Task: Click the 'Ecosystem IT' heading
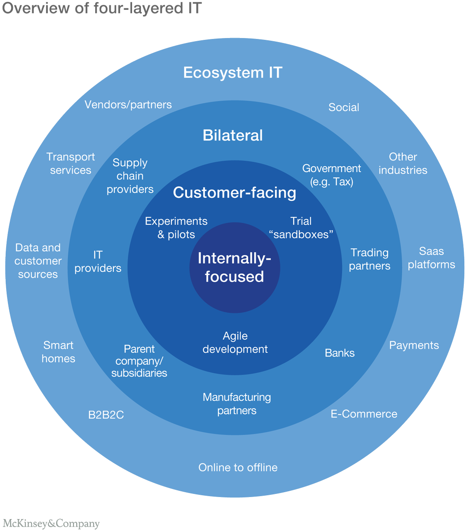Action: pos(233,73)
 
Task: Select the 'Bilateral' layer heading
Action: pos(233,135)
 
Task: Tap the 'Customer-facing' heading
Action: pos(234,193)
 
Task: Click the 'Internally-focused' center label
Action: pos(234,267)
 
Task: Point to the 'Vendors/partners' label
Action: pos(128,105)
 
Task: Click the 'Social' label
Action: pos(344,107)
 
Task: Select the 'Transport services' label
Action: pos(70,164)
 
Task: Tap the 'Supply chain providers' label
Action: pos(130,176)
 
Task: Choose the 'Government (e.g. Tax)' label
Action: pos(331,175)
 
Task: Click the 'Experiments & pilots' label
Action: pos(176,228)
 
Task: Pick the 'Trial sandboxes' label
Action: pos(301,228)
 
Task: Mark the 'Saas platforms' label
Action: pos(431,258)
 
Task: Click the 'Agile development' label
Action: pos(235,343)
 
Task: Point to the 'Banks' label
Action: pos(340,353)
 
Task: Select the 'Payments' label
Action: pos(414,345)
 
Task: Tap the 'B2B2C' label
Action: pos(106,415)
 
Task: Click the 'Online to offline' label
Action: pos(238,468)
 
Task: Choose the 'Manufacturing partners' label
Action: pos(237,404)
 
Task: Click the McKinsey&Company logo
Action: pos(51,524)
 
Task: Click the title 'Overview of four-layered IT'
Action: pos(102,9)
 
